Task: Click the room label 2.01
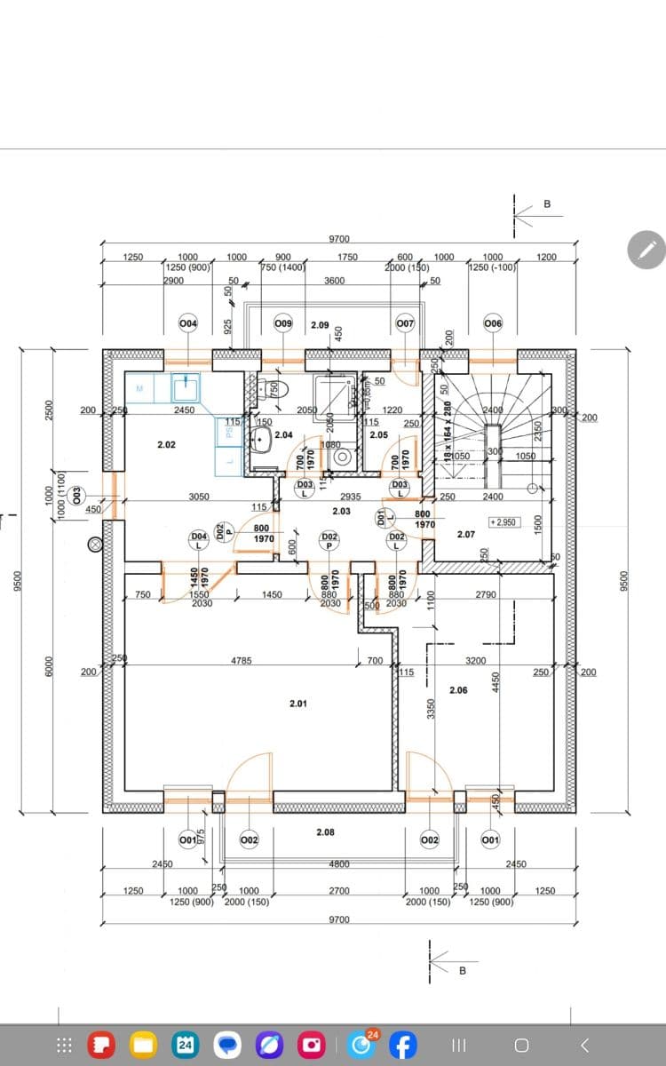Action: click(298, 704)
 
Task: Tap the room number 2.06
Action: click(458, 690)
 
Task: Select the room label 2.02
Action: click(166, 443)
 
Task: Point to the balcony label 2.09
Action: click(320, 325)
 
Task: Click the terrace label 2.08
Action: click(326, 832)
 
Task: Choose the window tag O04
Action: click(188, 323)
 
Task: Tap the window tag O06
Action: click(493, 323)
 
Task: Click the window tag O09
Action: click(283, 323)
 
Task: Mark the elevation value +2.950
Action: click(503, 522)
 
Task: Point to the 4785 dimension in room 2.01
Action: click(242, 661)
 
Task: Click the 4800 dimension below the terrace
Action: click(338, 863)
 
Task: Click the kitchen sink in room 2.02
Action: click(186, 386)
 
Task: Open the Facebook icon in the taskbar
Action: click(402, 1045)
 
